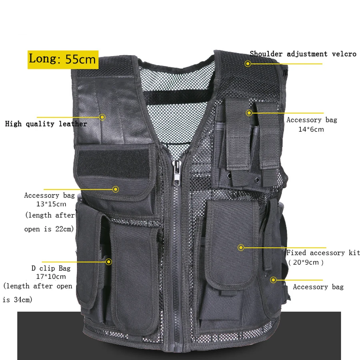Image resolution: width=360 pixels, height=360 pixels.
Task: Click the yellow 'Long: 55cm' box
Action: point(63,60)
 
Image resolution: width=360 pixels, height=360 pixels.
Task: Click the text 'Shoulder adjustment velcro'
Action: point(303,54)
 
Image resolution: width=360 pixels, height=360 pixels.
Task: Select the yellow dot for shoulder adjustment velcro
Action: point(248,63)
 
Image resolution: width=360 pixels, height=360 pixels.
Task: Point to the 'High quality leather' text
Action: point(46,124)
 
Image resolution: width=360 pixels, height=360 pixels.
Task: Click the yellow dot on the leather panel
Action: point(102,117)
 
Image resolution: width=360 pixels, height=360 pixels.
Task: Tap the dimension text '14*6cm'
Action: point(311,129)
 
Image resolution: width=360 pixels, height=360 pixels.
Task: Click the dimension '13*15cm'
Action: point(50,204)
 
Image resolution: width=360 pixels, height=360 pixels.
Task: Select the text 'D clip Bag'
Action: point(50,268)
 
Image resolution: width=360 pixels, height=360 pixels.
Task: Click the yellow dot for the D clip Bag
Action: point(108,262)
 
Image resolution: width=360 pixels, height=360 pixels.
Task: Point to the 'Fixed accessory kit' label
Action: point(323,253)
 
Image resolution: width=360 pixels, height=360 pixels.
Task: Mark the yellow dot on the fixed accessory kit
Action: point(241,248)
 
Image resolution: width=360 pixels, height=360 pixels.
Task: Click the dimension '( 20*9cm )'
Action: point(306,263)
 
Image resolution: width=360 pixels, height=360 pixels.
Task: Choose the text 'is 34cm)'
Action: point(18,299)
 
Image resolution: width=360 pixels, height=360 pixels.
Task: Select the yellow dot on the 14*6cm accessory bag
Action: point(249,113)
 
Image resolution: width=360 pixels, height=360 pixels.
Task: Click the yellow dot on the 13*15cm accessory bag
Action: point(116,189)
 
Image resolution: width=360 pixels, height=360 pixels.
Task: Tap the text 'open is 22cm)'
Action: point(49,230)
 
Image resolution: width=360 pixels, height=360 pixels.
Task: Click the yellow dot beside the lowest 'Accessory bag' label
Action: point(273,280)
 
